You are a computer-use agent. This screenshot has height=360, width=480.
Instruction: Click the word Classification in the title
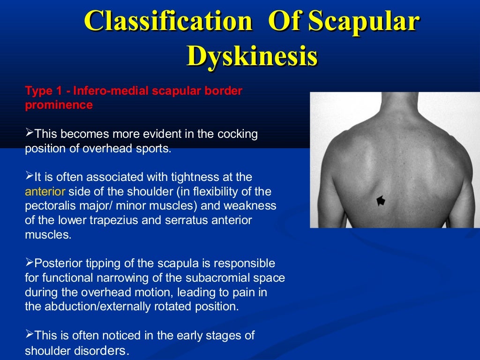[168, 22]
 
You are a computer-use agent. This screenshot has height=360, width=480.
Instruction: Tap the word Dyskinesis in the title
[252, 57]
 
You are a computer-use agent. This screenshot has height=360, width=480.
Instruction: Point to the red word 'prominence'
[59, 105]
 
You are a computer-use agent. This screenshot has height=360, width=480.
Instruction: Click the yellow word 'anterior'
[45, 192]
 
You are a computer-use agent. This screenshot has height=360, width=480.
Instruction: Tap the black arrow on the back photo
[381, 201]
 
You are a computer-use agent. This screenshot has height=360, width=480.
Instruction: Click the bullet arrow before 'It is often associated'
[29, 176]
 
